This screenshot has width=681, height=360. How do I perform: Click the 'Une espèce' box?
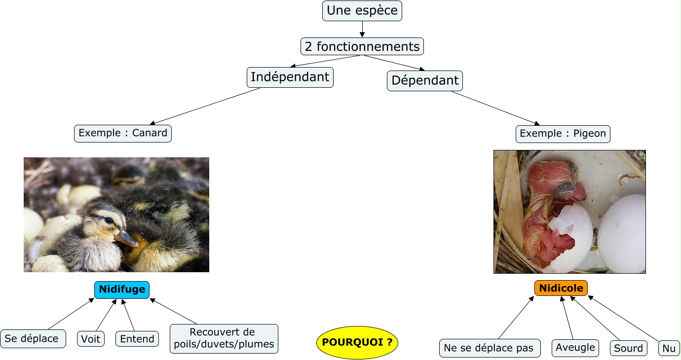(x=362, y=11)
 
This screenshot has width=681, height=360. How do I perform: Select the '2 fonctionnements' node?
(x=362, y=46)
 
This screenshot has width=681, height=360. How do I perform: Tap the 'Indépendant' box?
(x=290, y=77)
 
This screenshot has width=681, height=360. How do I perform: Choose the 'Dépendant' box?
(x=425, y=80)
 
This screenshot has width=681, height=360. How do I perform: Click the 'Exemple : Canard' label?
(x=123, y=133)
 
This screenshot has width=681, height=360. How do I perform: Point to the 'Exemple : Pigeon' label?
(x=563, y=134)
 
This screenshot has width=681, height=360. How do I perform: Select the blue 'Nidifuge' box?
(x=122, y=289)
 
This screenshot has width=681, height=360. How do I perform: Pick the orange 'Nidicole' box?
(x=561, y=288)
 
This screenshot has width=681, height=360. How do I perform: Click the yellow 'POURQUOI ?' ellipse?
(x=357, y=342)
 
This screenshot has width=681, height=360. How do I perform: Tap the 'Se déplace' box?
(x=33, y=339)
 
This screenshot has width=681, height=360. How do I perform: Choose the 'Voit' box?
(x=91, y=339)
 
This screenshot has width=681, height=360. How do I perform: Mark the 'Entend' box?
(x=137, y=339)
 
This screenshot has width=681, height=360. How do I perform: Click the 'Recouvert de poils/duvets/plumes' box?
(x=224, y=338)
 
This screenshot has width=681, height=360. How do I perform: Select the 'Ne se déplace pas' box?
(x=489, y=348)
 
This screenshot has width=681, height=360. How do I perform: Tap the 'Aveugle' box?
(x=575, y=347)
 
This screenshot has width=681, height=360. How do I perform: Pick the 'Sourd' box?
(x=629, y=348)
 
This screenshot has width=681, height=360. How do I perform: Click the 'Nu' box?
(x=669, y=348)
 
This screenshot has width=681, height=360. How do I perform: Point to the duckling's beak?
(x=127, y=239)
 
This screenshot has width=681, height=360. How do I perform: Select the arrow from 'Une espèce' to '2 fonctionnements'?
(x=362, y=29)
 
